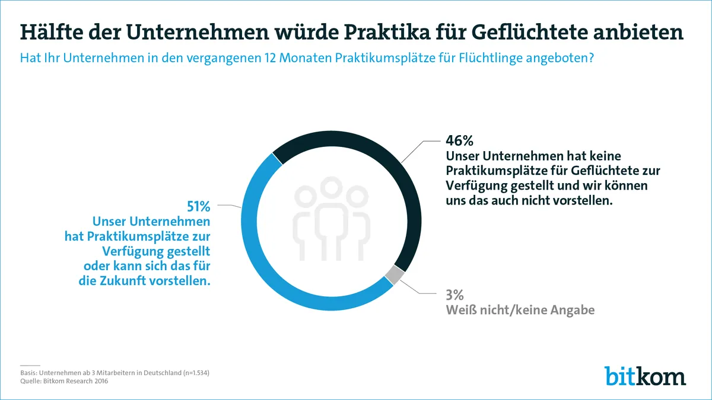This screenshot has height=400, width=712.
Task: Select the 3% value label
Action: (x=454, y=295)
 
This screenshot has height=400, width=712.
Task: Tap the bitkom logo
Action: (x=645, y=376)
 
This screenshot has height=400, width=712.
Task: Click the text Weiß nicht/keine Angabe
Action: (x=520, y=310)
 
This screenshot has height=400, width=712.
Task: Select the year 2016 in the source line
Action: (x=98, y=382)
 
